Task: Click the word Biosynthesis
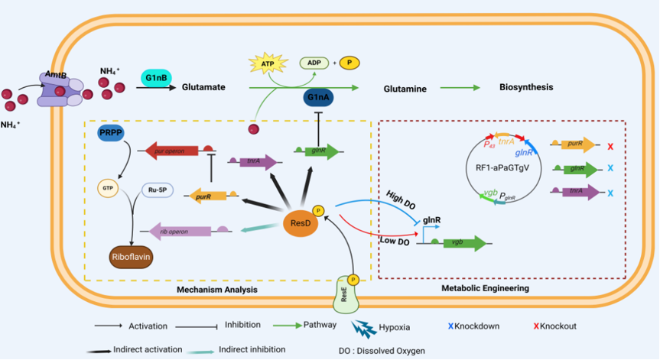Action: point(527,88)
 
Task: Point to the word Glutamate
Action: point(203,87)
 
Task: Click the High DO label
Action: point(402,196)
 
